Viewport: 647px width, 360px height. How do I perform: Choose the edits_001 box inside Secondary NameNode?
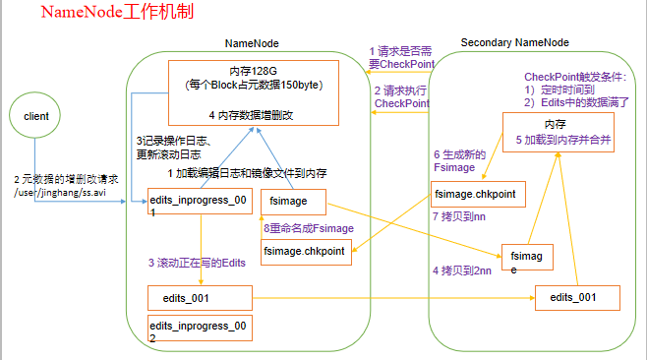(576, 296)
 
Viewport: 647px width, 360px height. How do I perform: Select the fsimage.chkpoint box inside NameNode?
(304, 252)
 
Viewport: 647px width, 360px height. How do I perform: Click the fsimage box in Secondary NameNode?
(528, 257)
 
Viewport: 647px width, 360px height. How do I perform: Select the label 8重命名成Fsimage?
(308, 228)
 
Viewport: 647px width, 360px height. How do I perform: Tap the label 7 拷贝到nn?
(460, 216)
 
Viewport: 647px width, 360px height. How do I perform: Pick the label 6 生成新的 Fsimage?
(461, 161)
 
